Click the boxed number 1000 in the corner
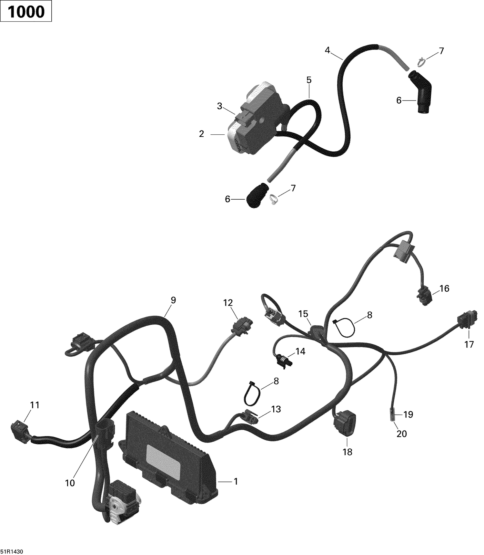point(26,12)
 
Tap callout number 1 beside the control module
point(236,481)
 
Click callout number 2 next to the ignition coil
point(201,134)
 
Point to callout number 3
point(220,106)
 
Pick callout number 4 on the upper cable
point(328,50)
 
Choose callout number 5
point(309,80)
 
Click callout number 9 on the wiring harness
point(173,300)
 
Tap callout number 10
point(70,483)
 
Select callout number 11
point(35,405)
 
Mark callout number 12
point(228,303)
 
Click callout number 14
point(300,351)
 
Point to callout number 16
point(444,288)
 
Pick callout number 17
point(469,344)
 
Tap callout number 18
point(348,452)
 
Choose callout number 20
point(402,434)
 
